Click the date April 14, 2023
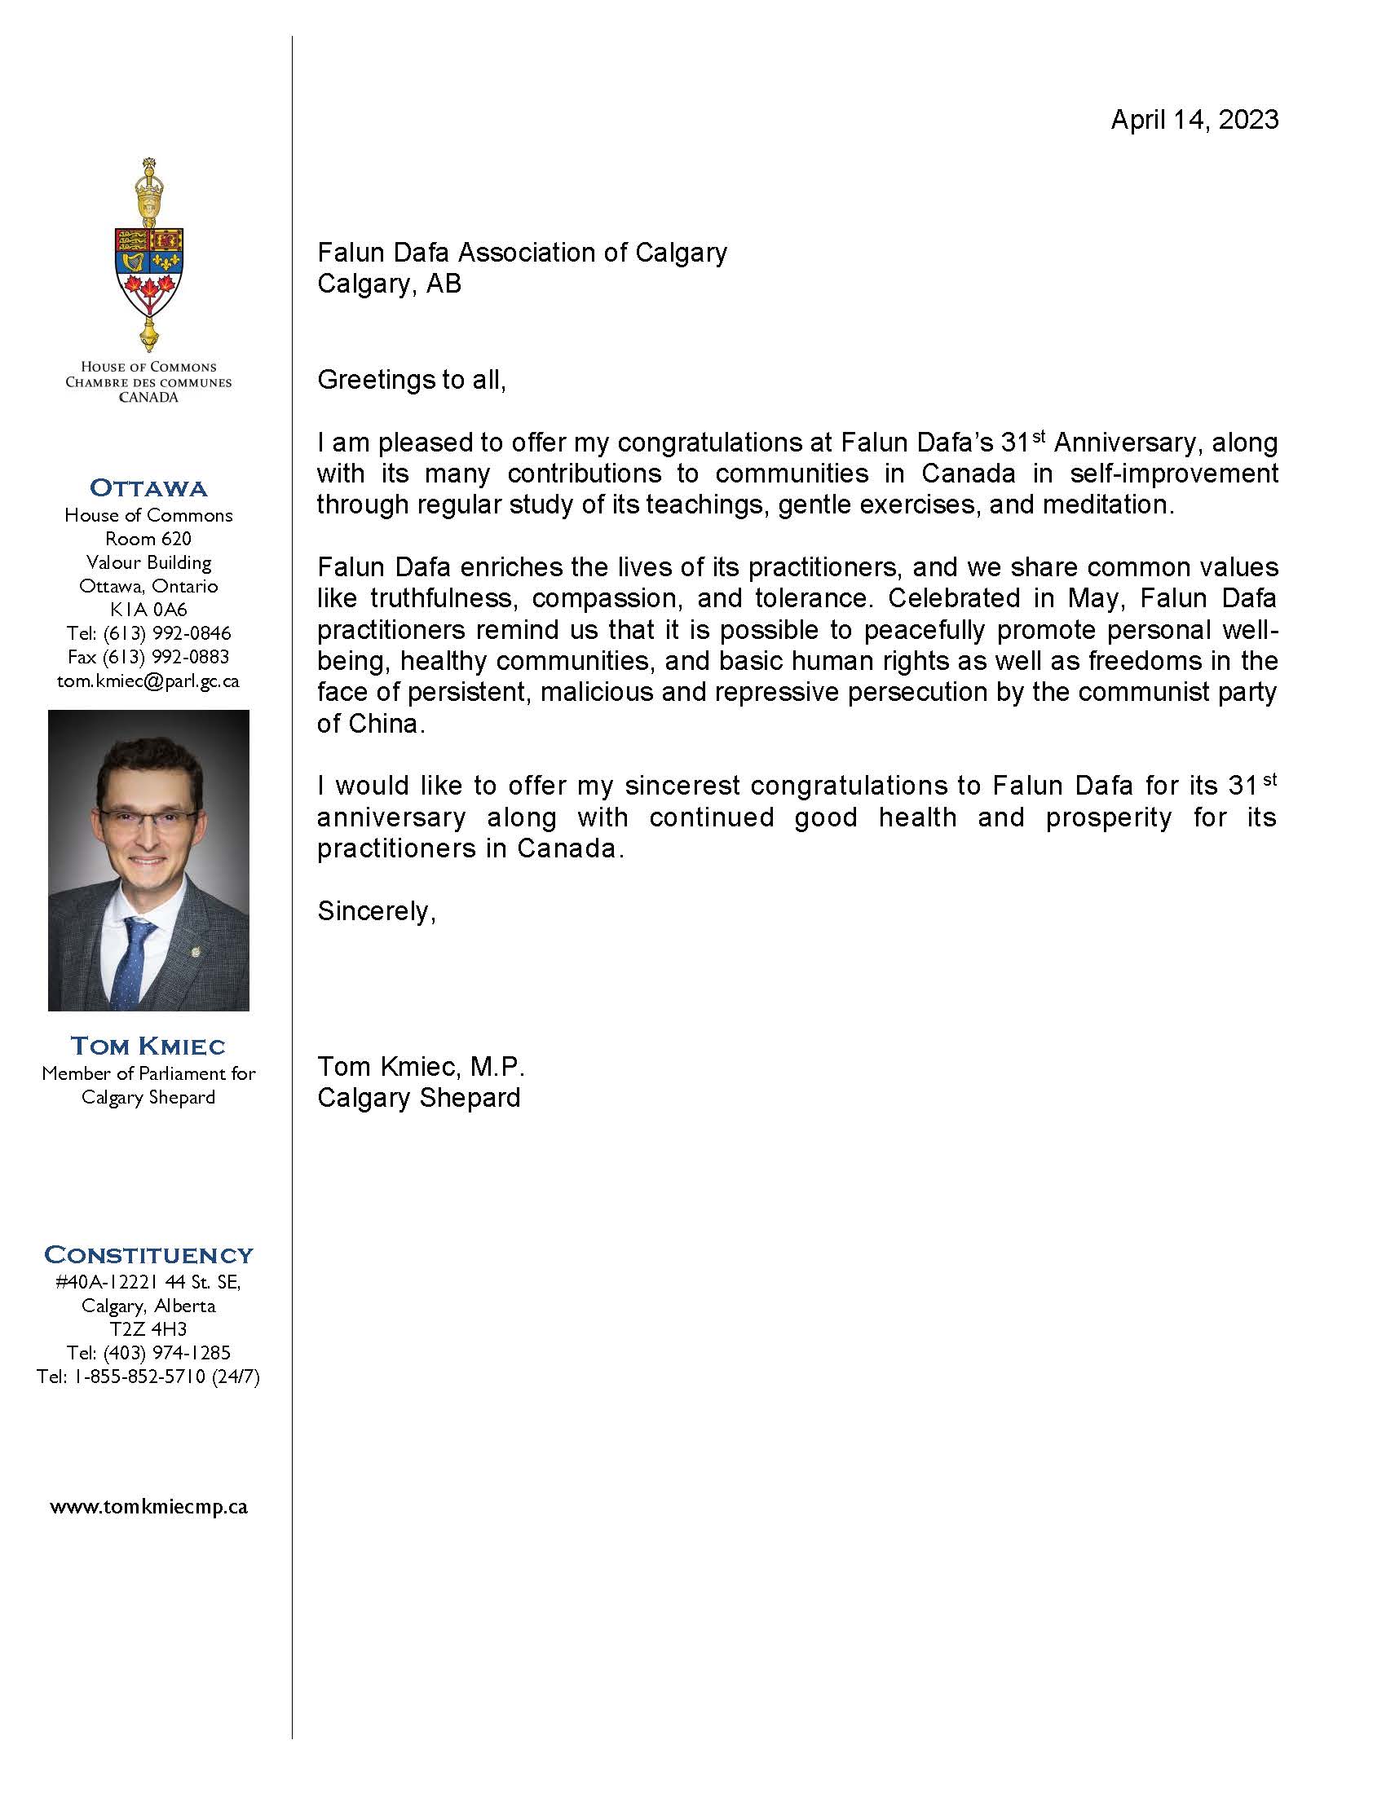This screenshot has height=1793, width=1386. pos(1194,120)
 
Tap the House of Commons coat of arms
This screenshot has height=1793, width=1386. pos(148,254)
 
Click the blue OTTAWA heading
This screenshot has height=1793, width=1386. pos(148,487)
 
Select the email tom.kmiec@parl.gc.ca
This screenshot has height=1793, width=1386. pos(148,681)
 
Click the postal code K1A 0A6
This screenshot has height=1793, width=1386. pos(148,609)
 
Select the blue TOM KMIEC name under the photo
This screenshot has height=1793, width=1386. pos(148,1046)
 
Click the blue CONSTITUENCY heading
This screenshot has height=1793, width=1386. pos(148,1255)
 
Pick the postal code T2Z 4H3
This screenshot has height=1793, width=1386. pos(148,1329)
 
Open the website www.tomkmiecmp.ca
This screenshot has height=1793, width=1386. pos(148,1507)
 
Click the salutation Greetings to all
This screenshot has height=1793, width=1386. pos(412,379)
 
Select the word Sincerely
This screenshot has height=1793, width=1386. pos(376,911)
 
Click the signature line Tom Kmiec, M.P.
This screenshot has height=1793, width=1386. pos(421,1067)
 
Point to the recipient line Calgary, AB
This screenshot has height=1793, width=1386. pos(389,284)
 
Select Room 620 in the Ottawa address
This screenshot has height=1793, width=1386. pos(148,539)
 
